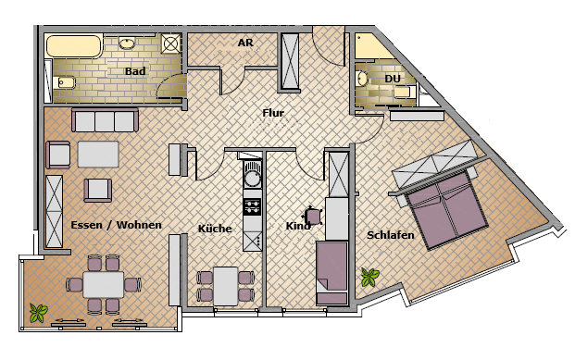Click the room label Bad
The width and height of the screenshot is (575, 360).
[x=135, y=70]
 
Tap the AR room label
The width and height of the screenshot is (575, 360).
[x=245, y=43]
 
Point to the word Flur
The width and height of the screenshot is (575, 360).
[x=273, y=113]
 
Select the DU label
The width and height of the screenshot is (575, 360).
[x=393, y=79]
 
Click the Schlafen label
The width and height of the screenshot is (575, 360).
[x=391, y=235]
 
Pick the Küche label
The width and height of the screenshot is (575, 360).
[x=215, y=229]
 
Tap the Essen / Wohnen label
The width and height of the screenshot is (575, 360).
[x=117, y=225]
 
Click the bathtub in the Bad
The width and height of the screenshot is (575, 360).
[x=74, y=46]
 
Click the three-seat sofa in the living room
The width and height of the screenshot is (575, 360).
[x=106, y=120]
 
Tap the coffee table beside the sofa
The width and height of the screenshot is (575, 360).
[x=98, y=155]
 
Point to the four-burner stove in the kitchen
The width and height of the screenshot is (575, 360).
[x=252, y=206]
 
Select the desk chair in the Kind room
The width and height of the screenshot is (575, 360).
[x=314, y=216]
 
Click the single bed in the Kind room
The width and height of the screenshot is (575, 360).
[x=332, y=272]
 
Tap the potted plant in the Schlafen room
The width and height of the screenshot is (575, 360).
[x=370, y=277]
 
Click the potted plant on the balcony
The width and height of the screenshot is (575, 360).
[x=39, y=313]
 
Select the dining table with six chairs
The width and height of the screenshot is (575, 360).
[x=104, y=284]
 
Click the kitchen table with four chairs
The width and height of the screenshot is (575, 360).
[x=226, y=286]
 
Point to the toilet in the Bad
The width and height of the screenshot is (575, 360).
[x=65, y=82]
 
